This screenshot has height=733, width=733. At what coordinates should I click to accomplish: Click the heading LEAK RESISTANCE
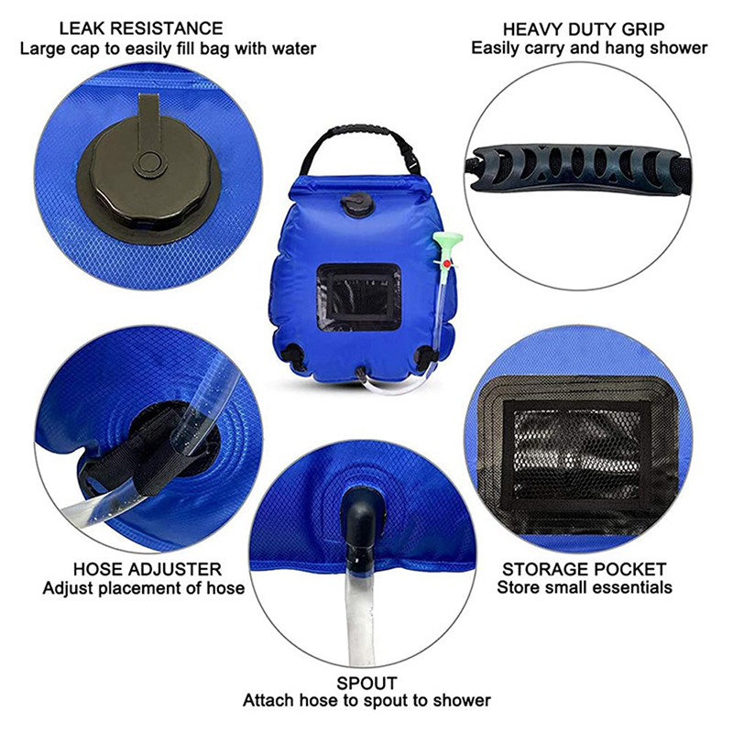click(x=141, y=29)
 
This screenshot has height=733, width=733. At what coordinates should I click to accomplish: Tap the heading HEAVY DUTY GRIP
click(x=584, y=29)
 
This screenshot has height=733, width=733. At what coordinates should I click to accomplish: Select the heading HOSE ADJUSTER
click(x=148, y=569)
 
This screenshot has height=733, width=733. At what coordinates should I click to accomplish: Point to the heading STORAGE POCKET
click(x=585, y=569)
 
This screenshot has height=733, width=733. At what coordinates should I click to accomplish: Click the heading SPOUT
click(x=367, y=684)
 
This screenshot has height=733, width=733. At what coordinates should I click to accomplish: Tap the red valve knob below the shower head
click(x=447, y=264)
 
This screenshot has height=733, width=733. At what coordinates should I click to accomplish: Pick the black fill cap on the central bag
click(x=355, y=204)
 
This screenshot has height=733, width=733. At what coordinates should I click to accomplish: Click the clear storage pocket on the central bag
click(x=358, y=296)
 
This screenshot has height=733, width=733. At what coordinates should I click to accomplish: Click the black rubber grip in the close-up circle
click(x=576, y=168)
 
